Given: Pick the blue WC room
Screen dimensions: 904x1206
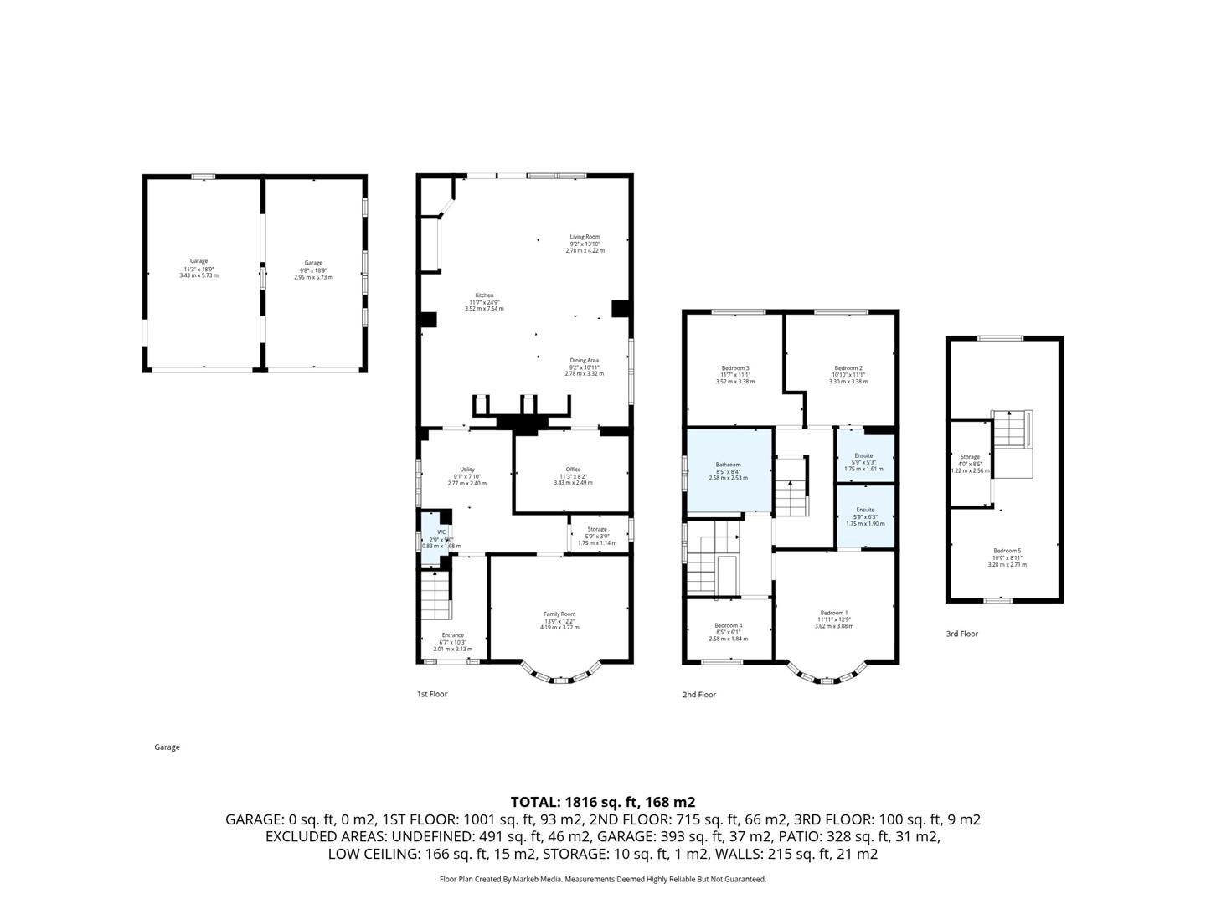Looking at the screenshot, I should pos(434,540).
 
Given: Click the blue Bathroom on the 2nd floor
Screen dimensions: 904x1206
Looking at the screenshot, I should pos(728,470).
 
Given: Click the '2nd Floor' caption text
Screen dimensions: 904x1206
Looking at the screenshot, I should pos(699,695).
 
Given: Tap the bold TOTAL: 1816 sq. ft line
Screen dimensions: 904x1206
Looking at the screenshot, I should pos(602,802).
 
